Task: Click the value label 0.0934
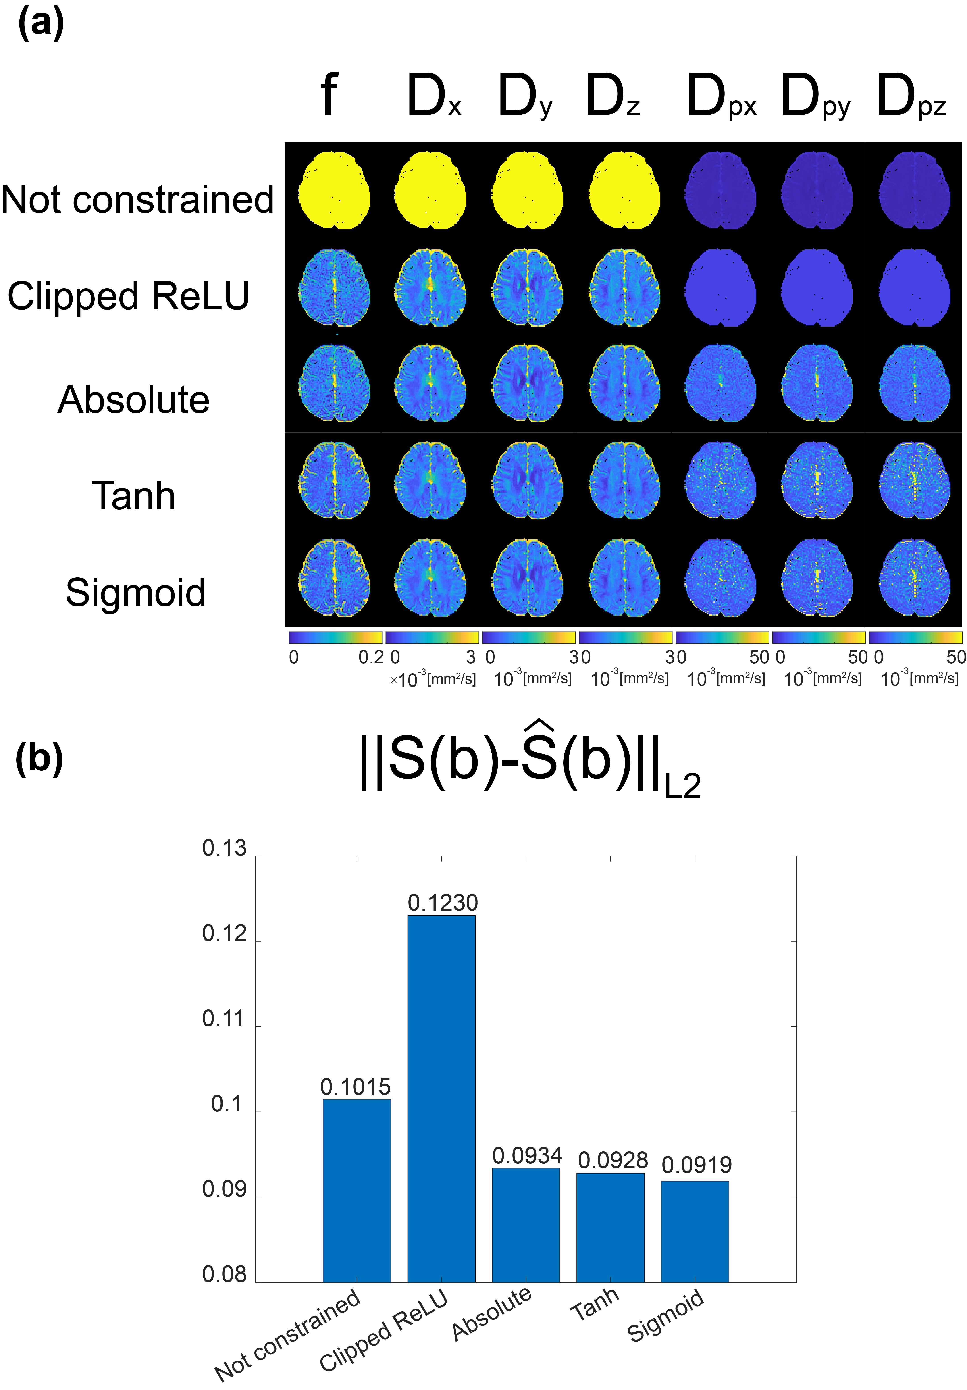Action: [x=527, y=1156]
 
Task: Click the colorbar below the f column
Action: [x=335, y=637]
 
